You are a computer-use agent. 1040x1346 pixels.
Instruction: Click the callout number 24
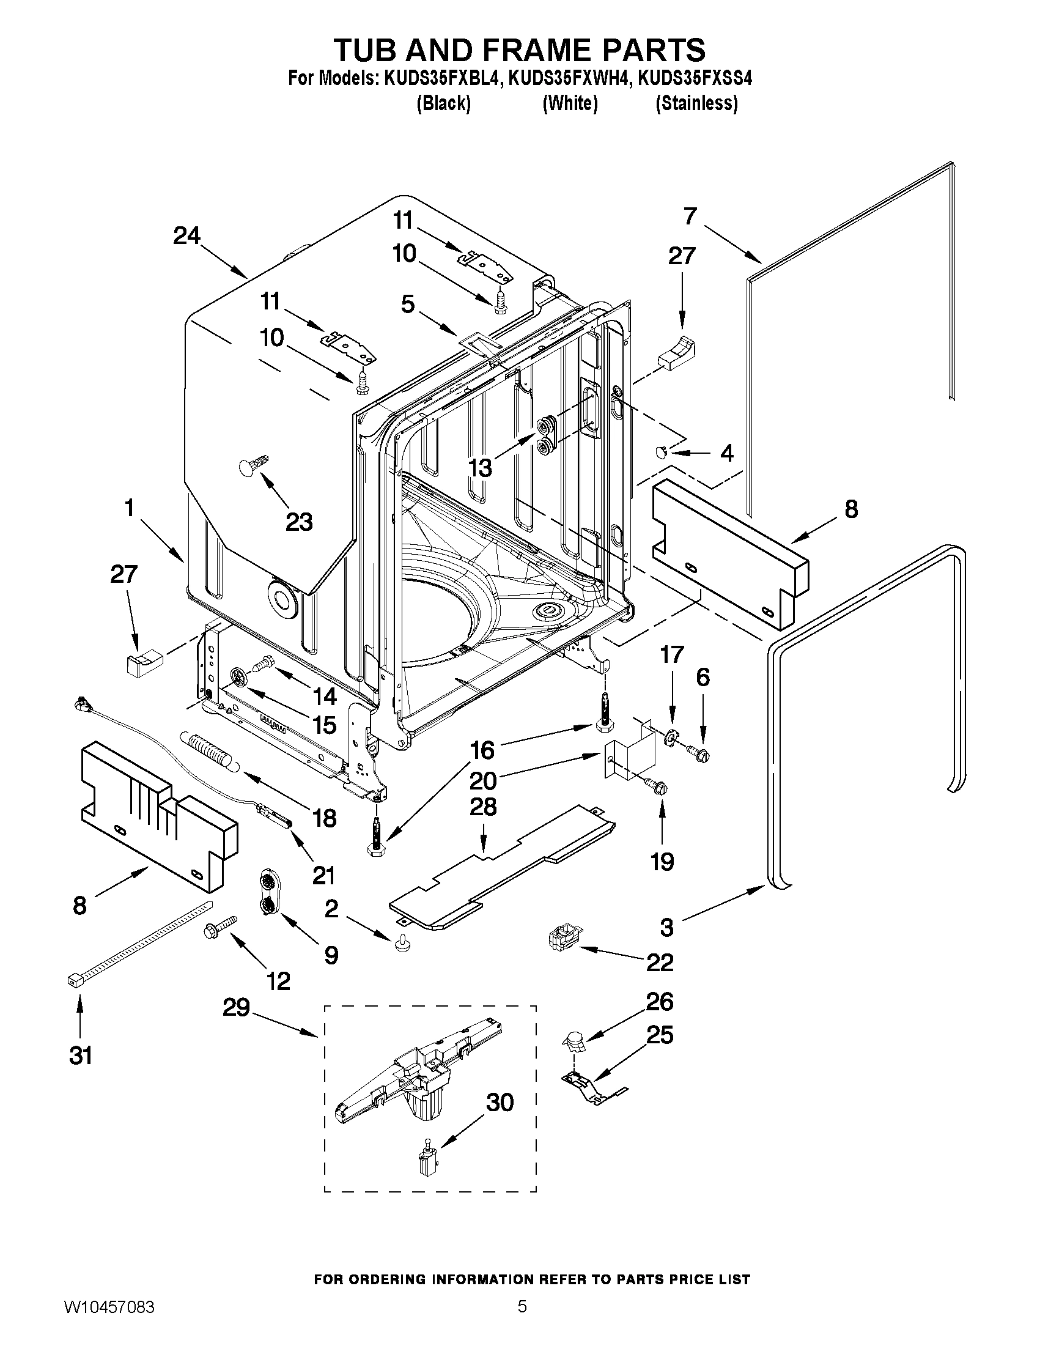click(186, 236)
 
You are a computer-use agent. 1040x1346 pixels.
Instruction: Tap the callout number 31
click(81, 1055)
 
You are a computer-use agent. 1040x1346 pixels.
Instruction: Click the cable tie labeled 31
click(139, 943)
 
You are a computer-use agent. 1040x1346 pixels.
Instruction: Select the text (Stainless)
click(696, 103)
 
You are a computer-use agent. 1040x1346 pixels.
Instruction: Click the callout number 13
click(481, 468)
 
